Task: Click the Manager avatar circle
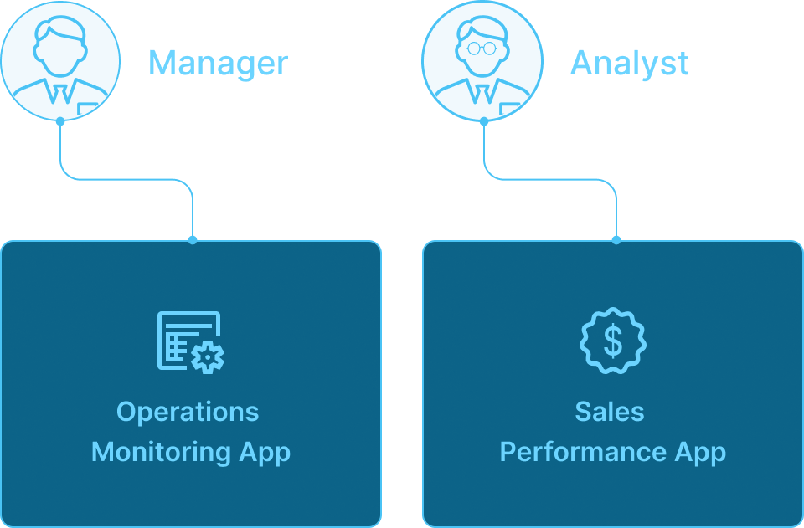[x=60, y=61]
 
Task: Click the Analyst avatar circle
[x=482, y=61]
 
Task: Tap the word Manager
[x=218, y=64]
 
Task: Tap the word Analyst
[x=630, y=64]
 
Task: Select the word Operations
[x=188, y=413]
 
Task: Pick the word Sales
[x=610, y=412]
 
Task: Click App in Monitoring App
[x=265, y=453]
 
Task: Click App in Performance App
[x=700, y=453]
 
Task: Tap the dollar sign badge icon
[x=613, y=341]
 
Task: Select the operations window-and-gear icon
[x=191, y=341]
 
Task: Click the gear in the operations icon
[x=208, y=356]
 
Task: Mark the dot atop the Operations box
[x=193, y=240]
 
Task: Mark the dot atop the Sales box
[x=616, y=240]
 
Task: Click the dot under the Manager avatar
[x=60, y=122]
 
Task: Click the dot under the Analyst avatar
[x=482, y=122]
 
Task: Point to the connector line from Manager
[x=126, y=179]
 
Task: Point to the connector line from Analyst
[x=549, y=179]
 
